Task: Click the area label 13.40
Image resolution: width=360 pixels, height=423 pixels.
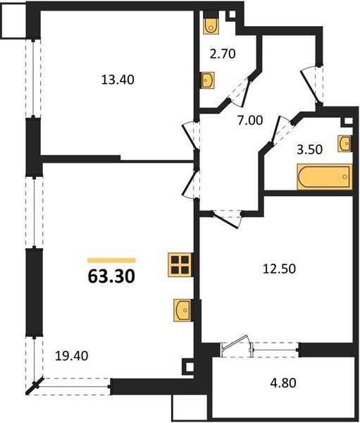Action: click(118, 80)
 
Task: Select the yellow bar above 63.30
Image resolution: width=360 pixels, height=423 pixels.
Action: click(111, 260)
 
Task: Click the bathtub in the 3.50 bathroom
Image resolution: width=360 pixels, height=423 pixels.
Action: click(323, 178)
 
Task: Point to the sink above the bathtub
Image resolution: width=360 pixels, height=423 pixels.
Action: click(344, 143)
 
